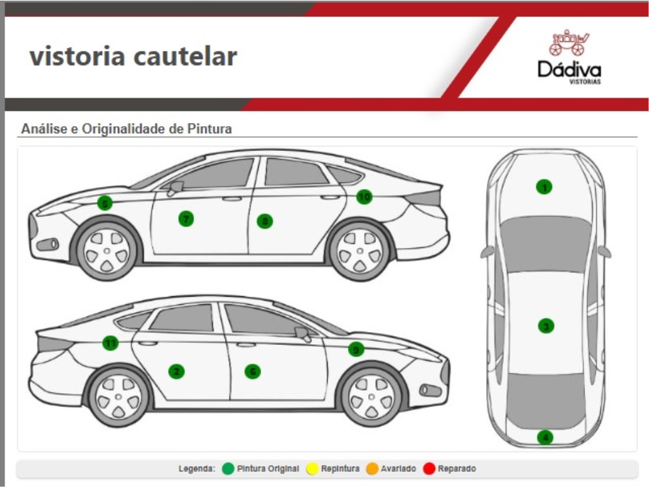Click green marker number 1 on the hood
544,186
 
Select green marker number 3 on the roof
546,326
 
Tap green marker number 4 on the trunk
545,438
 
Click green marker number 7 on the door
186,219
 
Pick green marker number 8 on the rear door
265,221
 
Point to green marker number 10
364,197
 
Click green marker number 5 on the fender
105,204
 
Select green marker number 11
111,343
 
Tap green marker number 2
177,372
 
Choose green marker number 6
253,372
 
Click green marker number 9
356,349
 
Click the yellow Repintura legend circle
312,469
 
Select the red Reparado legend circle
429,469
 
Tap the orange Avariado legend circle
372,469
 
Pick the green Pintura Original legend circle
228,469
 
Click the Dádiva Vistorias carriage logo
569,43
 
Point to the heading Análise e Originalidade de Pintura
127,129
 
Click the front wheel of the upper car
106,249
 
